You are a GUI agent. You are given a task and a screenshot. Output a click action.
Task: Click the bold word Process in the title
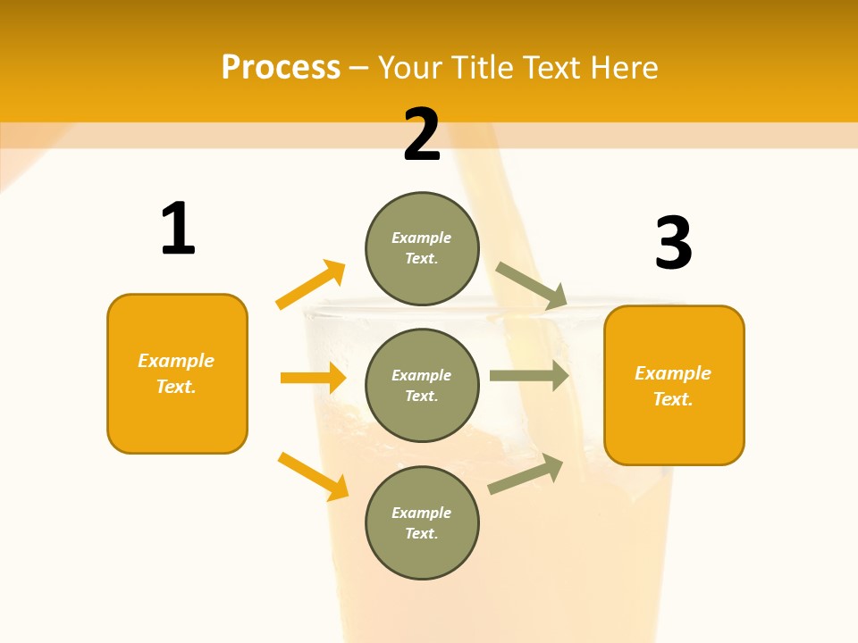coord(281,68)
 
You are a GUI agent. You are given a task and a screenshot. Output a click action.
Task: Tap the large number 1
coord(178,230)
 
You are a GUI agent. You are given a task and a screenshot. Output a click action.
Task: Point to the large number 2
coord(422,135)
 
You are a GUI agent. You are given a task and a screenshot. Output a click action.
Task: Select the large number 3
coord(673,244)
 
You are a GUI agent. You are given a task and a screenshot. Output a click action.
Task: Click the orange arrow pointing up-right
coord(310,285)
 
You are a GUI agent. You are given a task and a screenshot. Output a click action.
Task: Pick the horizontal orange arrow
coord(313,378)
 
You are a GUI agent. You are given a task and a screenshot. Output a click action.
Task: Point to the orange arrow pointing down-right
coord(313,476)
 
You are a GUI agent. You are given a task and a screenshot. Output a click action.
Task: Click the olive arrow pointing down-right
coord(531,285)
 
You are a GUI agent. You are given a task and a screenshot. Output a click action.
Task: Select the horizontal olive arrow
coord(529,376)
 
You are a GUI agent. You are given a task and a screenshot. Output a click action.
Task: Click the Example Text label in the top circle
coord(422,248)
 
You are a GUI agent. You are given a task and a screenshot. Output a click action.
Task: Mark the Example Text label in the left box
coord(176,373)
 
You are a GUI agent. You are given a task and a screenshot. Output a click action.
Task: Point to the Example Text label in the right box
coord(673,386)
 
